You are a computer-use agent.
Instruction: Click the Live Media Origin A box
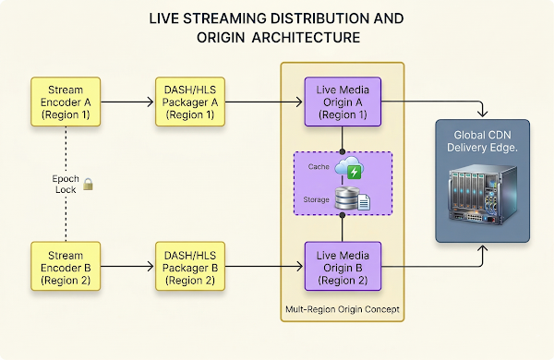tap(343, 98)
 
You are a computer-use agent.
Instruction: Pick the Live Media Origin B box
tap(343, 266)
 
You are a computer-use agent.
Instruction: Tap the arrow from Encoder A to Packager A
tap(126, 98)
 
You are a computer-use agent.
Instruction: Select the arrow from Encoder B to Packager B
tap(126, 266)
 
